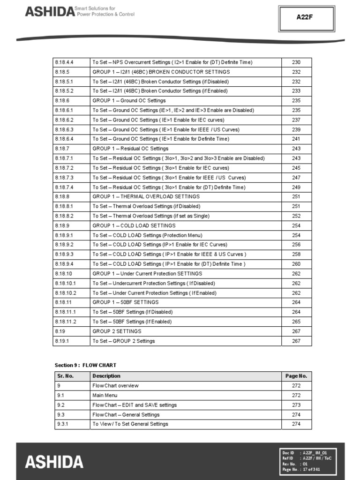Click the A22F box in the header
[x=306, y=17]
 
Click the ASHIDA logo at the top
[x=49, y=11]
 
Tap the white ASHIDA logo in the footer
[x=54, y=462]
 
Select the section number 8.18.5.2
[x=64, y=91]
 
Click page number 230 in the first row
[x=296, y=62]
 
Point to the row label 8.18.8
[x=62, y=197]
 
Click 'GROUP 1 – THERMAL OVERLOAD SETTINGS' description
[x=146, y=197]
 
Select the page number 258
[x=296, y=255]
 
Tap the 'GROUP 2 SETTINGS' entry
[x=117, y=331]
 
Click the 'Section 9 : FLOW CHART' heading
[x=85, y=365]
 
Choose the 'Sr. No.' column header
[x=66, y=376]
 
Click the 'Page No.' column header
[x=296, y=376]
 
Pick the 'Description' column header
[x=106, y=376]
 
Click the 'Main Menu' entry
[x=105, y=396]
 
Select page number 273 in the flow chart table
[x=296, y=405]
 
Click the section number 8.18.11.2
[x=65, y=322]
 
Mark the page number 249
[x=296, y=187]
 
